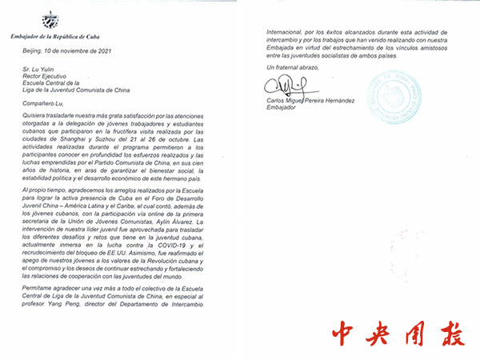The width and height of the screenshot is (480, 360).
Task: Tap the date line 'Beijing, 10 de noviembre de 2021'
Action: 66,49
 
